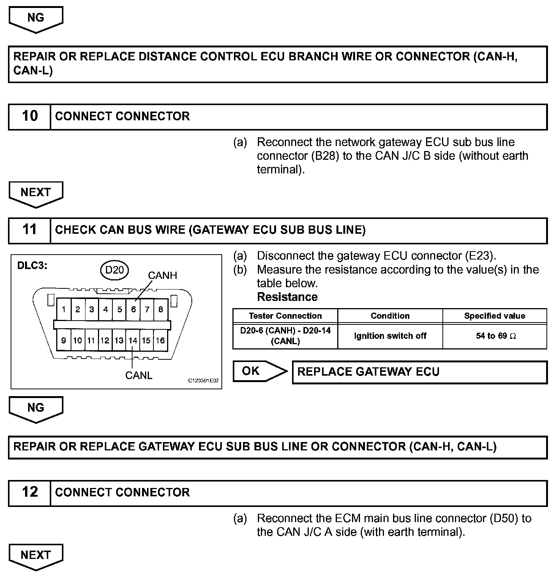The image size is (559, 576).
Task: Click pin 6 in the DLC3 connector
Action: click(x=133, y=309)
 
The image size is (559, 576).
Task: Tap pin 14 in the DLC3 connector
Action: click(x=133, y=340)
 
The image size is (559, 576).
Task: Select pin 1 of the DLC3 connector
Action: click(x=63, y=309)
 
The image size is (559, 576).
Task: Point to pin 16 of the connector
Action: click(x=160, y=340)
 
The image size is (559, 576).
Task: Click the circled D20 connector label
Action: click(x=114, y=270)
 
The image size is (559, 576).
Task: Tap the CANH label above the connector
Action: click(x=163, y=275)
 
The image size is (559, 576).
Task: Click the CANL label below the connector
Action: click(x=139, y=375)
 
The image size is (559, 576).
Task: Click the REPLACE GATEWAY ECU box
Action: click(x=419, y=372)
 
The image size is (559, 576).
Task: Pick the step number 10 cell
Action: click(x=30, y=116)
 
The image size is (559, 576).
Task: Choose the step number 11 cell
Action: click(x=30, y=230)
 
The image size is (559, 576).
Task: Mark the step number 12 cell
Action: click(x=30, y=492)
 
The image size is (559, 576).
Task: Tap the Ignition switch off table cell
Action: click(x=390, y=336)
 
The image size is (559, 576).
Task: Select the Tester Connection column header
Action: click(x=285, y=316)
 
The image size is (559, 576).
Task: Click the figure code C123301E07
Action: click(x=204, y=381)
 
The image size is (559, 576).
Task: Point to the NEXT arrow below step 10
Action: click(x=36, y=194)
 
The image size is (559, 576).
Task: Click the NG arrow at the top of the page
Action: click(x=36, y=19)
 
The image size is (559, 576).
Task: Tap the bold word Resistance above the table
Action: click(x=287, y=297)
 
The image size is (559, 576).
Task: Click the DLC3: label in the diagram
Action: click(x=32, y=265)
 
